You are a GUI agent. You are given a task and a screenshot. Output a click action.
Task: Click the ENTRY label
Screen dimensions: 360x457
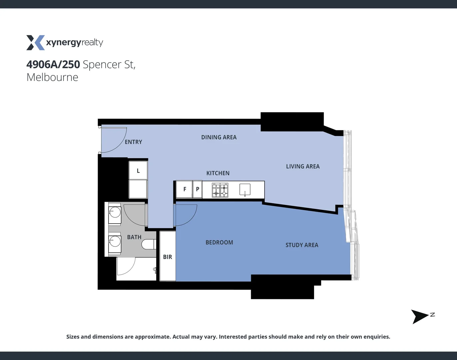point(133,142)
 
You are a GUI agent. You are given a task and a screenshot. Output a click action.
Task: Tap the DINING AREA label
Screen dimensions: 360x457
point(219,137)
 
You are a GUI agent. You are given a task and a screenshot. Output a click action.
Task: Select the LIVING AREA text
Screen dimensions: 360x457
point(302,166)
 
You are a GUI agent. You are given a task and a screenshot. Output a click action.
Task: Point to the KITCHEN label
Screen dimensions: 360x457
point(218,173)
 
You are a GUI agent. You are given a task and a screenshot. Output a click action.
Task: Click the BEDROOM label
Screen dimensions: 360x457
point(219,242)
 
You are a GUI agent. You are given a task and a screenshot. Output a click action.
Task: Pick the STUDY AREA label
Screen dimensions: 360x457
point(302,245)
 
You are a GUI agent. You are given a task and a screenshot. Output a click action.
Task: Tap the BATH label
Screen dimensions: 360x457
point(134,237)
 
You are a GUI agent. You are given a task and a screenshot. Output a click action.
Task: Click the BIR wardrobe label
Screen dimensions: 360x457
point(168,257)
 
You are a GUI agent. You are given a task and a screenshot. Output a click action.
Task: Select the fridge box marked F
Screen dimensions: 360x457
point(185,189)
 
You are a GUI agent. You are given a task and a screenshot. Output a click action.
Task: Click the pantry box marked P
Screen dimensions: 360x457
point(198,189)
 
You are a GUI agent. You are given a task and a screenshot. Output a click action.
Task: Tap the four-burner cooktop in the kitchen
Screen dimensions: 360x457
point(220,190)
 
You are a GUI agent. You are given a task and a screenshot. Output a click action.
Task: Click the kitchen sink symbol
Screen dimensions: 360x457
point(245,190)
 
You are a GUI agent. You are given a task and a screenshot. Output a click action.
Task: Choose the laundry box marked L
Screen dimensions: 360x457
point(138,171)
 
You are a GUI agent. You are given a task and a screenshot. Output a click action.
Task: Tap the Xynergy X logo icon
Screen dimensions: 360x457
point(35,43)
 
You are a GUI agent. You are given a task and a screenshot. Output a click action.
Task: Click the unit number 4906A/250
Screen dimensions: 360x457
point(53,64)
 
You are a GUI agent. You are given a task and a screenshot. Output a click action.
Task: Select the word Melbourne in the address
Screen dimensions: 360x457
point(52,77)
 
